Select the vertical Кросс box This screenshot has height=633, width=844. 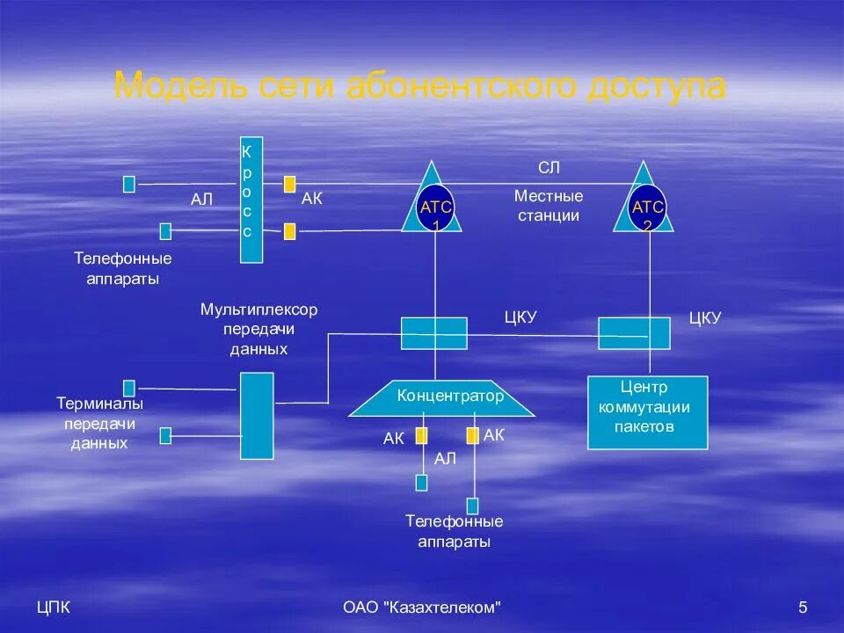tap(251, 200)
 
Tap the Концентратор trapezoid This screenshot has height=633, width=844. tap(442, 397)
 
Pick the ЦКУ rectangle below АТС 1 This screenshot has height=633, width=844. tap(434, 333)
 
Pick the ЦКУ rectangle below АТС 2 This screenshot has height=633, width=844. tap(634, 333)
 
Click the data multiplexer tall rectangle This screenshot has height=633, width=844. tap(257, 415)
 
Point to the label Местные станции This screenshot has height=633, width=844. tap(549, 206)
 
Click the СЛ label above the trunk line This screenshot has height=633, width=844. tap(549, 168)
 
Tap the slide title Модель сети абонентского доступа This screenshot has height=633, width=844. tap(420, 86)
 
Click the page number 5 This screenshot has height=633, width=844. tap(802, 607)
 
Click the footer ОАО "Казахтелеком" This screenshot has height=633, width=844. tap(422, 607)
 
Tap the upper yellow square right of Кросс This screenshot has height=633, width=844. tap(289, 185)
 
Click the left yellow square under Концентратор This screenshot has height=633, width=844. tap(422, 435)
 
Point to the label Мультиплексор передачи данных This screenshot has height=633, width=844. tap(258, 329)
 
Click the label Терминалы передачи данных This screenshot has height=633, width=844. tap(99, 423)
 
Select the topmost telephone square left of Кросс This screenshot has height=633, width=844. tap(129, 184)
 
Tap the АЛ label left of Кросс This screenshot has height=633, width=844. tap(202, 200)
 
